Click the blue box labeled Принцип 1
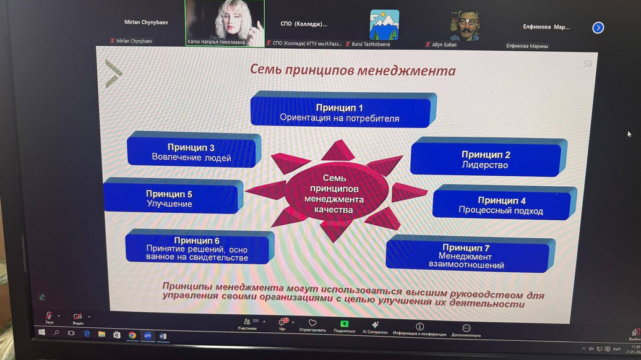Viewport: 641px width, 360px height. (x=340, y=112)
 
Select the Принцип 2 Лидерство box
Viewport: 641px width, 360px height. (x=485, y=160)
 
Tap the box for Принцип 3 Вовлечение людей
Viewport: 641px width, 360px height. (x=191, y=152)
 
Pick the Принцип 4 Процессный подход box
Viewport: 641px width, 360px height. (x=501, y=205)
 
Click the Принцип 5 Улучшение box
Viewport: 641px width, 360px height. (x=170, y=199)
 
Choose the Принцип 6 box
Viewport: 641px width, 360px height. (x=197, y=249)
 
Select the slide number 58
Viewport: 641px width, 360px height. (x=587, y=63)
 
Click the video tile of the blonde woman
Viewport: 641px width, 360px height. (x=225, y=23)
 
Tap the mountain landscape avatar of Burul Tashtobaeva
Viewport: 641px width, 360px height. (x=384, y=25)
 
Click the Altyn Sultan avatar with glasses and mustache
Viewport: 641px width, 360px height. (x=464, y=25)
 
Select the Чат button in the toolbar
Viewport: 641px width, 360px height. (x=283, y=324)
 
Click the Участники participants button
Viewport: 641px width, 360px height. (x=247, y=324)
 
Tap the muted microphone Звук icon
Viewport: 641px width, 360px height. (x=49, y=317)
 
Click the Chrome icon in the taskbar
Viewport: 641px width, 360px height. (x=132, y=335)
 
